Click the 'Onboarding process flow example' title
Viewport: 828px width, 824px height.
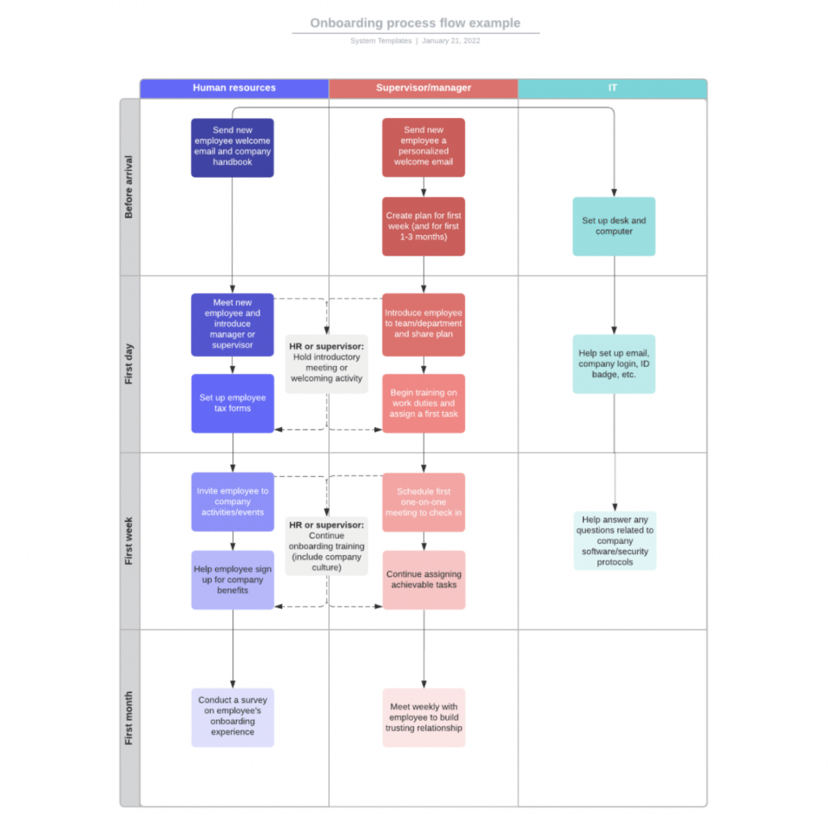pos(415,23)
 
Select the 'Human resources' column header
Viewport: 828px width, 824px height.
pos(234,88)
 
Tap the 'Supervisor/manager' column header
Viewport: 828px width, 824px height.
pos(424,88)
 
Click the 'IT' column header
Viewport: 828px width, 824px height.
pos(613,88)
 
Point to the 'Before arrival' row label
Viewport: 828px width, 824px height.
pos(129,187)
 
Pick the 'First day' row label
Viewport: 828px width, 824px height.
pos(129,364)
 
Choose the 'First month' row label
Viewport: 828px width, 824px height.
pos(129,718)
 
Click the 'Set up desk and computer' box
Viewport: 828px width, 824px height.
pos(614,226)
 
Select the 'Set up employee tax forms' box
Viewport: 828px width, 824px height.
pos(232,404)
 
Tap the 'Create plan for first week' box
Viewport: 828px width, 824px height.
pos(424,226)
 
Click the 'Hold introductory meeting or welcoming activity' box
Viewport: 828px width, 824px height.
pos(327,364)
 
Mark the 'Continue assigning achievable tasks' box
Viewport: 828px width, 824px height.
pos(424,580)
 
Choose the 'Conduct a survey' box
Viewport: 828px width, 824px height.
pos(232,717)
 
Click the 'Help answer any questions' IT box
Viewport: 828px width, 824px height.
pos(615,540)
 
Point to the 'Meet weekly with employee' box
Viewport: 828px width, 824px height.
pos(424,717)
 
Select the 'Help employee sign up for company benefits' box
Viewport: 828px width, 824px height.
pos(232,580)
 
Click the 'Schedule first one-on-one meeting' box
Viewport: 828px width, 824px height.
pos(424,502)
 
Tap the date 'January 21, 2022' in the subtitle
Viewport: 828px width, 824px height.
pos(451,40)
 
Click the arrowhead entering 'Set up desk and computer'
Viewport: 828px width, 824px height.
pos(614,194)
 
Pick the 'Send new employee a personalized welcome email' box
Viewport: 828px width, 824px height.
pos(424,147)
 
